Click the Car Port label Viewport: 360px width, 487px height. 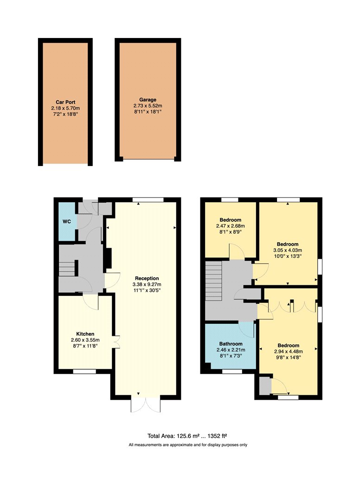tap(65, 102)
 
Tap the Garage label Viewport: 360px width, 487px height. tap(148, 100)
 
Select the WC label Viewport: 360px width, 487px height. tap(67, 221)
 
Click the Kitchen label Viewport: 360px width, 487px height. tap(85, 334)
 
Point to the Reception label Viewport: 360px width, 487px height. tap(147, 278)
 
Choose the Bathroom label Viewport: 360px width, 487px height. tap(231, 344)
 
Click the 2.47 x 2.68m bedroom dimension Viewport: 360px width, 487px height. tap(231, 226)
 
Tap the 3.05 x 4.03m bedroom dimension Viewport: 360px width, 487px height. tap(288, 250)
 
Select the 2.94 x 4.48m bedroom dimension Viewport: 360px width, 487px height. tap(289, 352)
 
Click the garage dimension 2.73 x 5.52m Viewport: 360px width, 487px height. tap(148, 106)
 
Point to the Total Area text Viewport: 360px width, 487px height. tap(189, 436)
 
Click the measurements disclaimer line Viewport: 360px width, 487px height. tap(188, 445)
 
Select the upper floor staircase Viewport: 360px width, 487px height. tap(213, 281)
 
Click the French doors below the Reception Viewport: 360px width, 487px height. tap(146, 404)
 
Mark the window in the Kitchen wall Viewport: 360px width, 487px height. tap(84, 372)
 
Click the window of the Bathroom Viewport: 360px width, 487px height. tap(232, 372)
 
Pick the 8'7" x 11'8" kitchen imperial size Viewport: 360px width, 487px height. tap(85, 346)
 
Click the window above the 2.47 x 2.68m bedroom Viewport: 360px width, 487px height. tap(230, 200)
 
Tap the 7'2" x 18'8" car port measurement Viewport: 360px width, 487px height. tap(65, 114)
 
